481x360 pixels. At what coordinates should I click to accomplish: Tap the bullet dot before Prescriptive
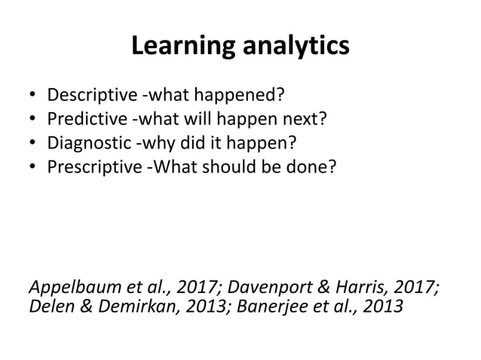tap(31, 164)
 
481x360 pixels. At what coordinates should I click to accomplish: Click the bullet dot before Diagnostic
tap(31, 142)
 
